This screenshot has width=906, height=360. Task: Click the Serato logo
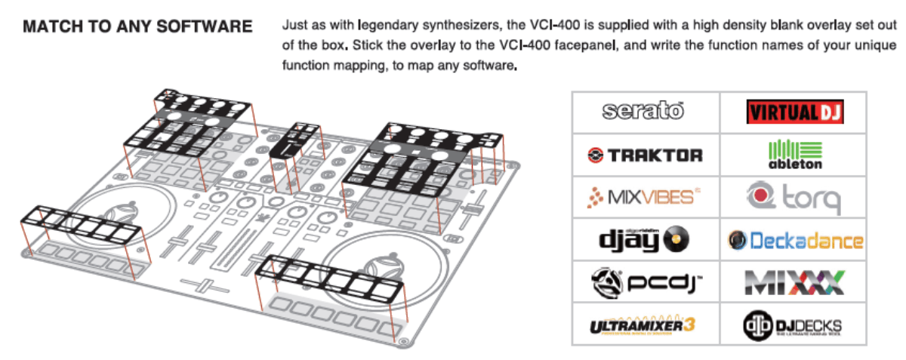pos(643,112)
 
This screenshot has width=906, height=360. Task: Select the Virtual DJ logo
pos(794,112)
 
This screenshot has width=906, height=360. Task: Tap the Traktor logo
pos(644,155)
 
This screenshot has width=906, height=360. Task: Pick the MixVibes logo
pos(644,198)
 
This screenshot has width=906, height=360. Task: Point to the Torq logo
pos(794,198)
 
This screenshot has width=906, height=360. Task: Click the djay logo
pos(644,240)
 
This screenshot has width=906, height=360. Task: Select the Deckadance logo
pos(794,241)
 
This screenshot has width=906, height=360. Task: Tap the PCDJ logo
pos(644,283)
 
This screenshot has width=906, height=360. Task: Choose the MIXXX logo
pos(794,283)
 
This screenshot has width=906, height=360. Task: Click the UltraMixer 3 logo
pos(644,325)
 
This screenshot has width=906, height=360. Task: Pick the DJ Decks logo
pos(794,325)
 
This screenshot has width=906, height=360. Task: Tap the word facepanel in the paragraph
pos(587,45)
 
